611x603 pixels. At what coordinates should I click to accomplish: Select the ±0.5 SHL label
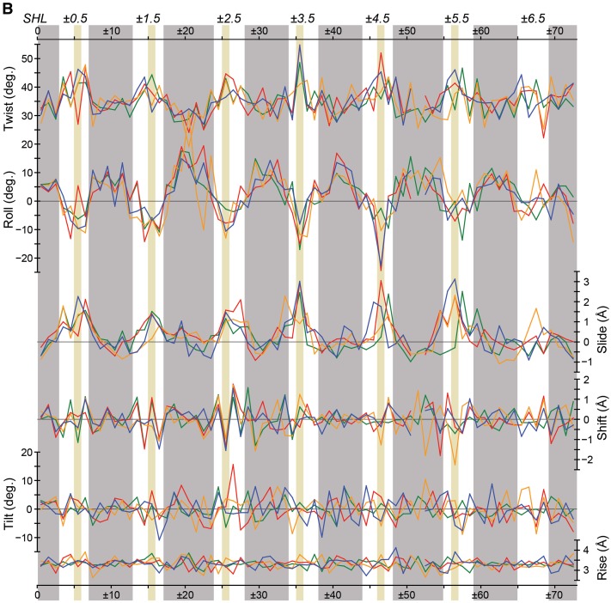coord(77,18)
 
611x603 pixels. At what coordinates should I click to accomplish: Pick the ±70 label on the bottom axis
coord(556,594)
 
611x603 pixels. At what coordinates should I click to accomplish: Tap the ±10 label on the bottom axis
coord(111,594)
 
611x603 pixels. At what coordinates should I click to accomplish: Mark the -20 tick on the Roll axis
coord(23,258)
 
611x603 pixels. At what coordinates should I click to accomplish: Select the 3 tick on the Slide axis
coord(585,282)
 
